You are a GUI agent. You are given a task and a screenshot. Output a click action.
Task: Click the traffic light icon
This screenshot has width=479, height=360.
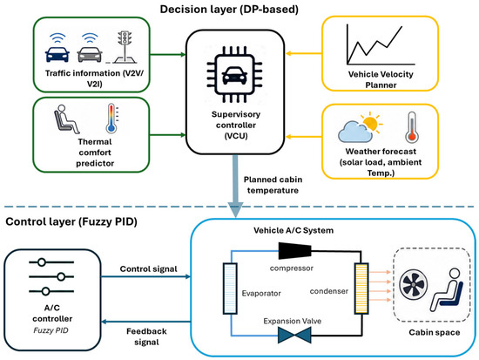tap(125, 47)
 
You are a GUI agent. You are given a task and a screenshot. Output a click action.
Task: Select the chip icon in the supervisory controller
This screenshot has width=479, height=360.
tap(234, 74)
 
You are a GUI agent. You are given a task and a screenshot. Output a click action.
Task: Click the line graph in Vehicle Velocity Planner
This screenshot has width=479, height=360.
tap(381, 45)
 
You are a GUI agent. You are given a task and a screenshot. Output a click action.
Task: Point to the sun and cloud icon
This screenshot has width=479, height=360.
tap(361, 127)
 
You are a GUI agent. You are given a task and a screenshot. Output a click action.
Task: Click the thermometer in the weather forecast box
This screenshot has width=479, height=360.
tap(412, 127)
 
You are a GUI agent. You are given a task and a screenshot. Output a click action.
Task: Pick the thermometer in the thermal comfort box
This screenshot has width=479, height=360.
tap(111, 118)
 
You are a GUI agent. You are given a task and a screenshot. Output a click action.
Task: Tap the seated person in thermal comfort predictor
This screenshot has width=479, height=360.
tap(66, 119)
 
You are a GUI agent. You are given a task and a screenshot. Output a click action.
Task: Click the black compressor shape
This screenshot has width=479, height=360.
tap(294, 250)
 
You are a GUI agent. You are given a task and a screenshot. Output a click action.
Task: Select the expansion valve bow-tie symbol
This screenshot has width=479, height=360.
tap(294, 335)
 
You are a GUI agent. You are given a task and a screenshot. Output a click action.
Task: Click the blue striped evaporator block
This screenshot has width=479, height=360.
tap(230, 289)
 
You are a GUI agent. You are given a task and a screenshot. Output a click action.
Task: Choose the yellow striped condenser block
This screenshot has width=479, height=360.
tap(361, 289)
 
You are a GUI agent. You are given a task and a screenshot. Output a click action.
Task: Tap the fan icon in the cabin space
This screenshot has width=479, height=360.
tap(414, 284)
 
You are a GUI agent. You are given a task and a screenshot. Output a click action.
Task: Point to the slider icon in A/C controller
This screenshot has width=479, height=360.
tap(51, 277)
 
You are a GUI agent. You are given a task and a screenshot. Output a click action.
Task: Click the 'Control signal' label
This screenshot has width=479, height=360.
tap(148, 268)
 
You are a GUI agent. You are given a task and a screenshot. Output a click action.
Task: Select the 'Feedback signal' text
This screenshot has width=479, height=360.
tap(146, 336)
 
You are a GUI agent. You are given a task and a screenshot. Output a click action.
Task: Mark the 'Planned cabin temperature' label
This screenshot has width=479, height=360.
tap(273, 185)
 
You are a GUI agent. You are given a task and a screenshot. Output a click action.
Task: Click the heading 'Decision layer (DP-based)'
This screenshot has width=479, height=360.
tap(229, 10)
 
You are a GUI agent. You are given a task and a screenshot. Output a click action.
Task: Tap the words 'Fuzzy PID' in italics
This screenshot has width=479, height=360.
tap(51, 330)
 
